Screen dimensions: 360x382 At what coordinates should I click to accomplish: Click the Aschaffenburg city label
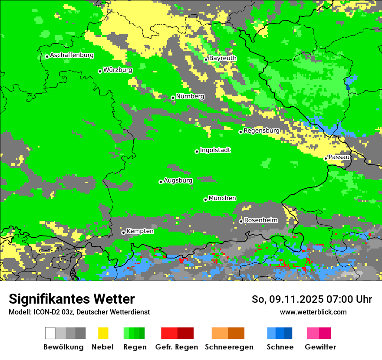click(x=72, y=56)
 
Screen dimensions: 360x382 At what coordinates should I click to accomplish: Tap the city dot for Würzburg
click(x=100, y=71)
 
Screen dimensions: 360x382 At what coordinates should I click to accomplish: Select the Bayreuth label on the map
click(x=223, y=58)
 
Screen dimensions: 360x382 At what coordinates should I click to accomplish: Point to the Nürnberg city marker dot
click(x=173, y=98)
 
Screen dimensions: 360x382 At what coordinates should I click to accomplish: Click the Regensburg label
click(x=261, y=131)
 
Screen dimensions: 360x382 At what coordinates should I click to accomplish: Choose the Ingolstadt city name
click(x=215, y=150)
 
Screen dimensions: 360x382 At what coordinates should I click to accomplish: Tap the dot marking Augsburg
click(x=161, y=182)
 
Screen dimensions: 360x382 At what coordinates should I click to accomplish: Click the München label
click(x=222, y=198)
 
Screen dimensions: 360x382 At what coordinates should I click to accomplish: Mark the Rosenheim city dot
click(x=241, y=222)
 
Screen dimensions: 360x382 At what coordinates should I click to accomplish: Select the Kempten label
click(x=140, y=231)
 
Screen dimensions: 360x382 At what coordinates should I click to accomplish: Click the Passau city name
click(x=339, y=157)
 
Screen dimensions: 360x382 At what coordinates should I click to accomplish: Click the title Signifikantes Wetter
click(x=72, y=299)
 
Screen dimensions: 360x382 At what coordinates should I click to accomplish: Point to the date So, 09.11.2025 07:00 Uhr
click(x=312, y=299)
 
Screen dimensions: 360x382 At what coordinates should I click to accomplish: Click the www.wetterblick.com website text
click(x=313, y=312)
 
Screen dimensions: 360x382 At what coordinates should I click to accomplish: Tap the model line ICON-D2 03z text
click(x=79, y=312)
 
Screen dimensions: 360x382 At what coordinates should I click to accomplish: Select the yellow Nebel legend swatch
click(x=103, y=333)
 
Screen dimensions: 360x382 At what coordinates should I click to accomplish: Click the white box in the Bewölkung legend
click(x=50, y=333)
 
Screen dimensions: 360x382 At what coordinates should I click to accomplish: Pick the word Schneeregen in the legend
click(x=229, y=347)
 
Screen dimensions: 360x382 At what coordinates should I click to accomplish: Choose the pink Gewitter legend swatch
click(x=313, y=333)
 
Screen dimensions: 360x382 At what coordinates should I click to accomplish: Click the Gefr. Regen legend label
click(x=177, y=347)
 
